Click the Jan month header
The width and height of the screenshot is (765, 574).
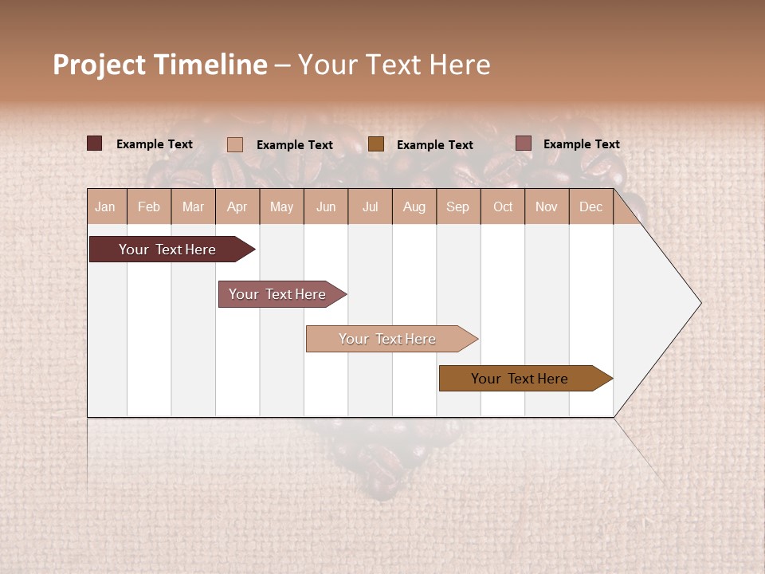[x=105, y=206]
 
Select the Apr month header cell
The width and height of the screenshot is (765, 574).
[x=237, y=206]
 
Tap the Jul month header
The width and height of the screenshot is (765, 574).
[x=370, y=206]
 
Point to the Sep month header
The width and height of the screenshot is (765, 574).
[x=457, y=206]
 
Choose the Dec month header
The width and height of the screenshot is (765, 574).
[x=590, y=206]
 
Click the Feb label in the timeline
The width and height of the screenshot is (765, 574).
[x=149, y=206]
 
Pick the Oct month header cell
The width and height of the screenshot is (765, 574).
[x=503, y=206]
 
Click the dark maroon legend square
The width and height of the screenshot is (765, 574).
[x=94, y=143]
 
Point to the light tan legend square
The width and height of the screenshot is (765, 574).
[x=235, y=144]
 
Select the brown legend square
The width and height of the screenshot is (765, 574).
[x=376, y=143]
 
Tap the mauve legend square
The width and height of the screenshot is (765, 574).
[x=523, y=143]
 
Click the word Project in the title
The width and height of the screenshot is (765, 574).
[x=100, y=65]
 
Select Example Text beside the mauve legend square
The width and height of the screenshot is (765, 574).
[x=581, y=144]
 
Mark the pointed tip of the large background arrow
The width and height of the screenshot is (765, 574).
[x=700, y=303]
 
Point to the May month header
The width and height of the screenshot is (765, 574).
[x=281, y=206]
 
